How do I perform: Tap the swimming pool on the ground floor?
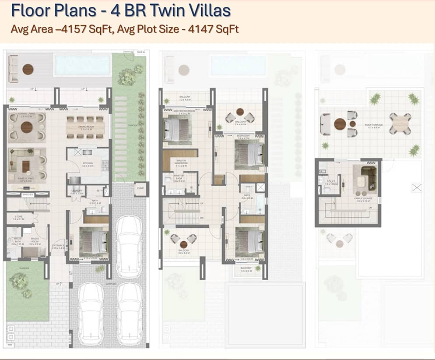tap(81, 65)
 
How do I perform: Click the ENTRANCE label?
tap(58, 247)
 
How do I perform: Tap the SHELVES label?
tap(16, 194)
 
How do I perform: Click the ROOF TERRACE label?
tap(374, 125)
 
